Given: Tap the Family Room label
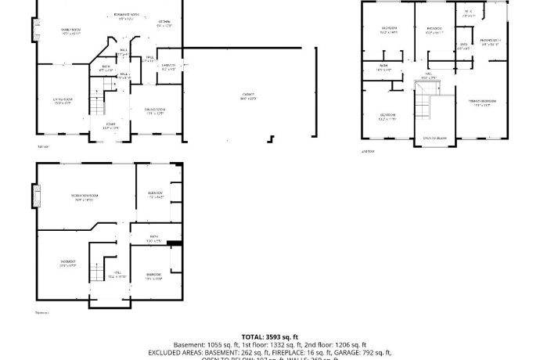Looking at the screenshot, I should coord(72,32).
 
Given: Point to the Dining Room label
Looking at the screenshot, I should coord(154,111).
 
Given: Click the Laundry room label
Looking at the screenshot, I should coord(168,67).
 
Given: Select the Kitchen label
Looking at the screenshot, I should coord(164,23).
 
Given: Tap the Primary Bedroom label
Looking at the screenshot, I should coord(482,103).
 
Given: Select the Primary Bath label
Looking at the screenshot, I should coord(491,41).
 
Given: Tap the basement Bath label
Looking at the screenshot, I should coord(154,238).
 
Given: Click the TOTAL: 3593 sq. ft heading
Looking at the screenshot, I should coord(269,336).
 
